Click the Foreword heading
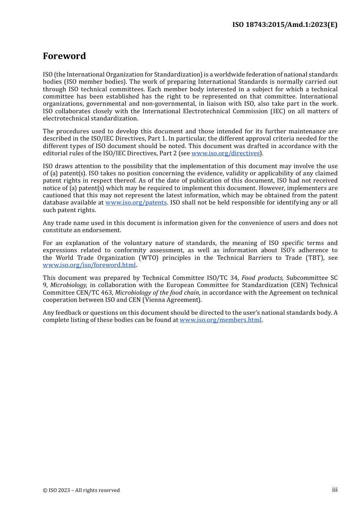(64, 56)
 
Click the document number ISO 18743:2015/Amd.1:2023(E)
(285, 25)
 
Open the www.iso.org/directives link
(225, 153)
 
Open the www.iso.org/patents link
(136, 203)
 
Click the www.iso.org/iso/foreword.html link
(89, 265)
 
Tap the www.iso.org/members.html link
(221, 320)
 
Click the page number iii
(335, 490)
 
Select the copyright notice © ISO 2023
(81, 490)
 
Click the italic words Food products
(262, 278)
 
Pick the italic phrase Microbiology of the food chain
(157, 293)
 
